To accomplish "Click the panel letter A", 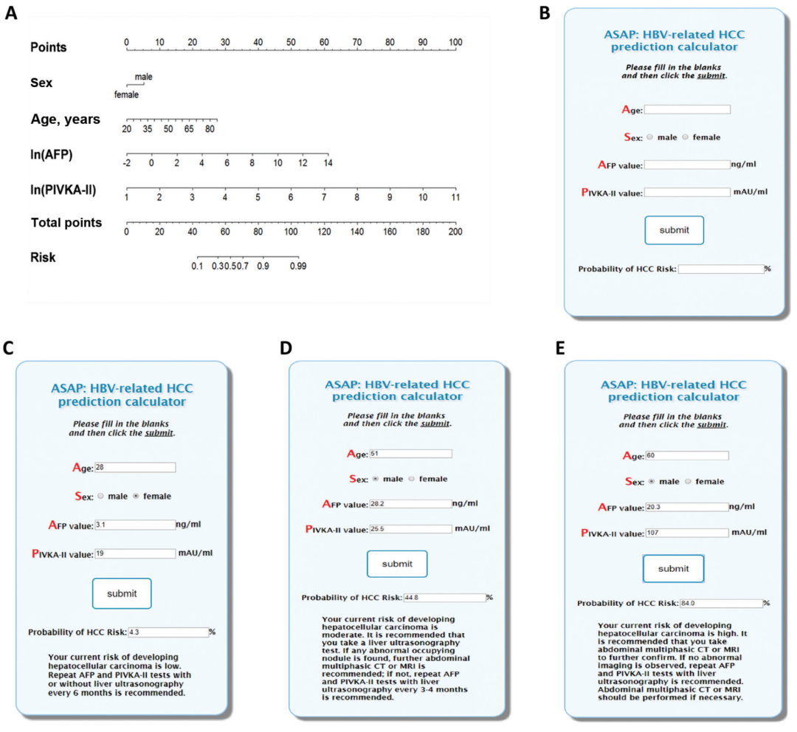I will click(10, 13).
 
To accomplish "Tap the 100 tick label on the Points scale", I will click(455, 42).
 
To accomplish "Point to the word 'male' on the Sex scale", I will click(143, 77).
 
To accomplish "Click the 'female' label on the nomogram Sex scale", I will click(126, 94).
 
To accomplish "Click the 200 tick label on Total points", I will click(455, 232).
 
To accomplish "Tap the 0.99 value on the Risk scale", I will click(298, 266).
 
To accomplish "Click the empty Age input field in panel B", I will click(687, 109).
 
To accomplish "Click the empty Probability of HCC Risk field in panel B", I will click(721, 269).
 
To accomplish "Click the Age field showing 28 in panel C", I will click(135, 467).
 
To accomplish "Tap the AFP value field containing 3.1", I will click(135, 525).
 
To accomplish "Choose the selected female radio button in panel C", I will click(137, 496).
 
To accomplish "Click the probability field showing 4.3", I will click(168, 632).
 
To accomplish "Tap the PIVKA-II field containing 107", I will click(686, 532).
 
